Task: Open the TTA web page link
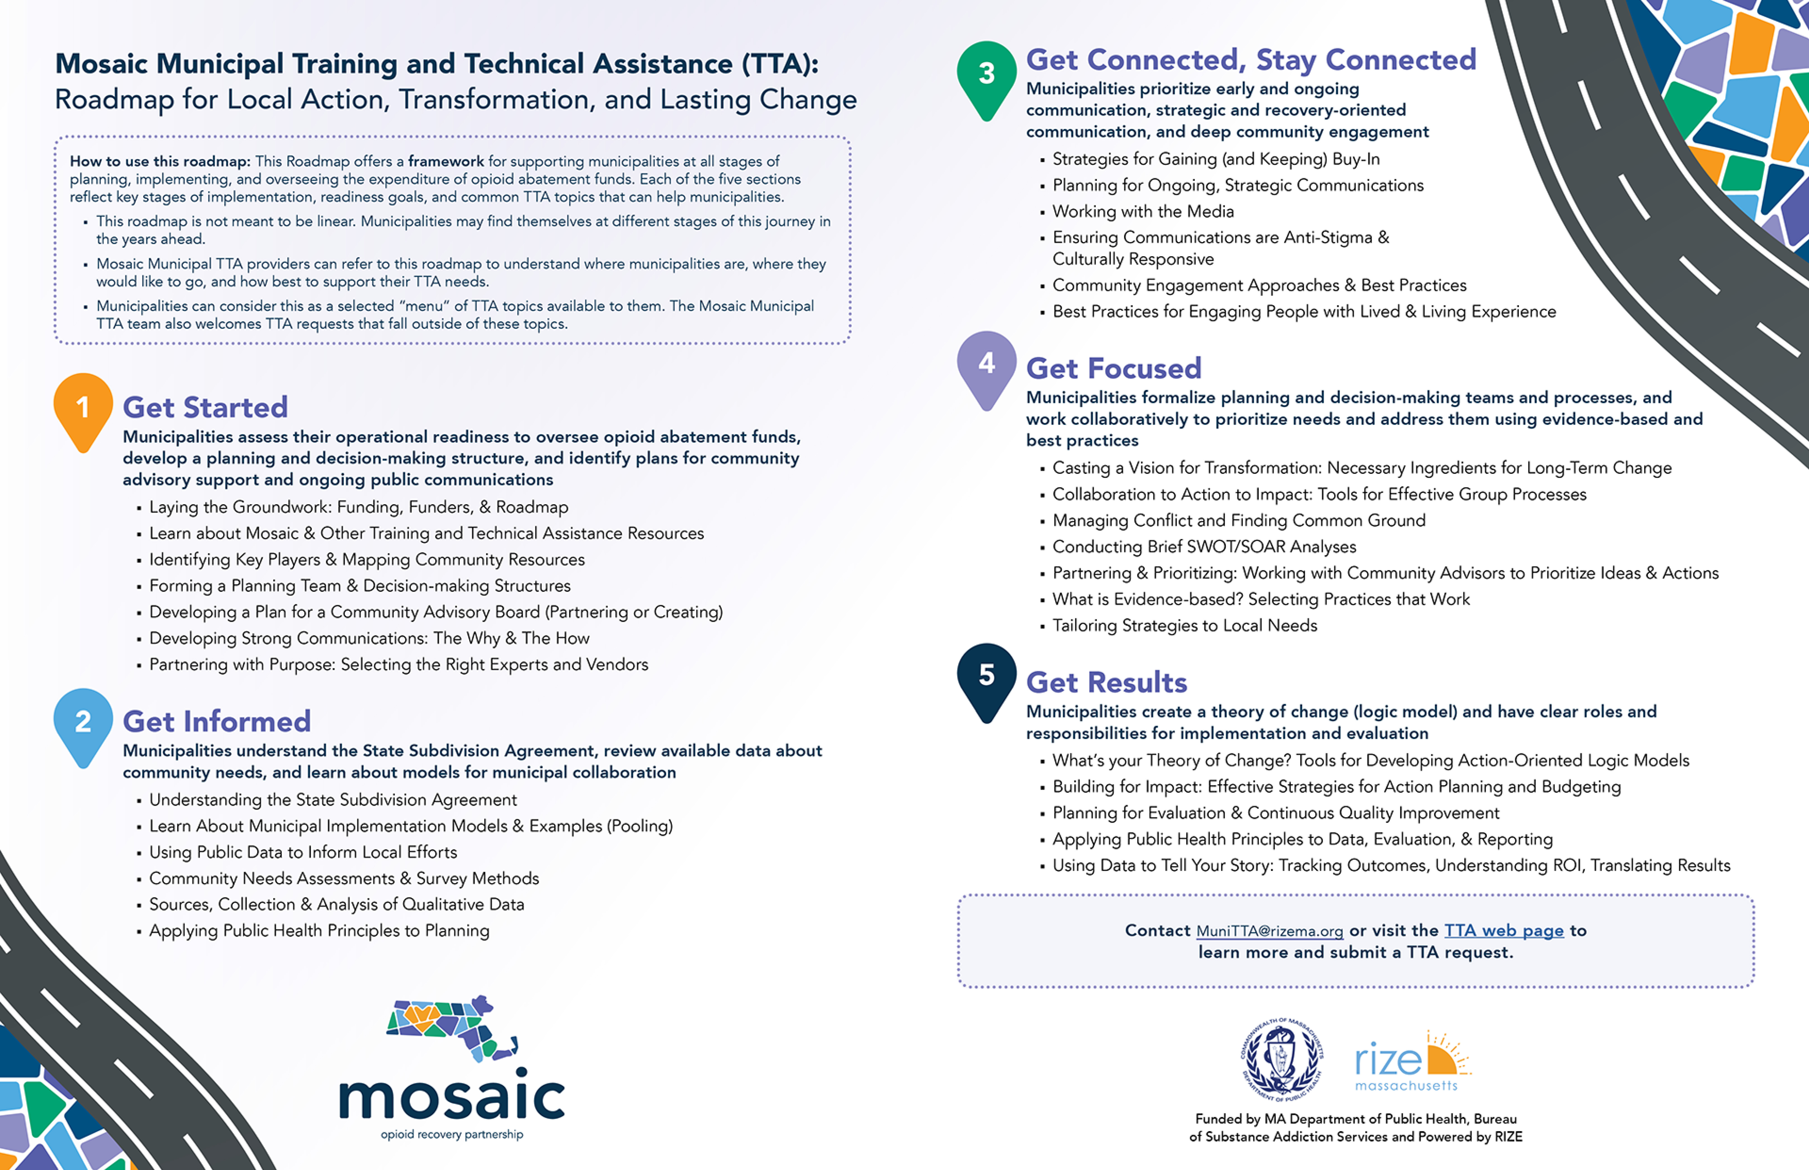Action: (x=1504, y=931)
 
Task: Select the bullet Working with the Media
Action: (x=1143, y=211)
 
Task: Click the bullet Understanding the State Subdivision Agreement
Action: (x=333, y=800)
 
